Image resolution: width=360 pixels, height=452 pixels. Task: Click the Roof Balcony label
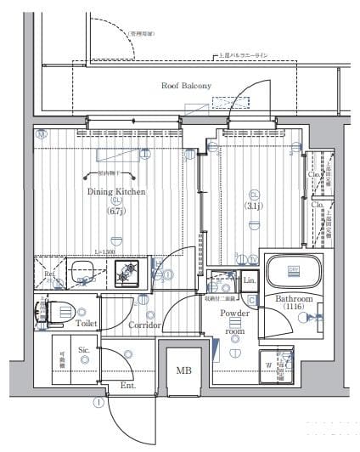(x=185, y=86)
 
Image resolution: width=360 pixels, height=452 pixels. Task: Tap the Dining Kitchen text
(x=116, y=192)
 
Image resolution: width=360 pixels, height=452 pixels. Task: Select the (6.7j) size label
(x=116, y=211)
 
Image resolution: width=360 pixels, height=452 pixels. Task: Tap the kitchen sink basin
(x=83, y=272)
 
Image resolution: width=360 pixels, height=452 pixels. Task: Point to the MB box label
(x=183, y=370)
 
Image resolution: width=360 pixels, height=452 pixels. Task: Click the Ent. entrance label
(x=128, y=385)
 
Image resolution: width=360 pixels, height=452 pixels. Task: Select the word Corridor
(x=145, y=325)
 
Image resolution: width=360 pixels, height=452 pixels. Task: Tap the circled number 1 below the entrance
(x=99, y=403)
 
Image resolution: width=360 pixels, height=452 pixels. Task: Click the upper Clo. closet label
(x=312, y=175)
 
